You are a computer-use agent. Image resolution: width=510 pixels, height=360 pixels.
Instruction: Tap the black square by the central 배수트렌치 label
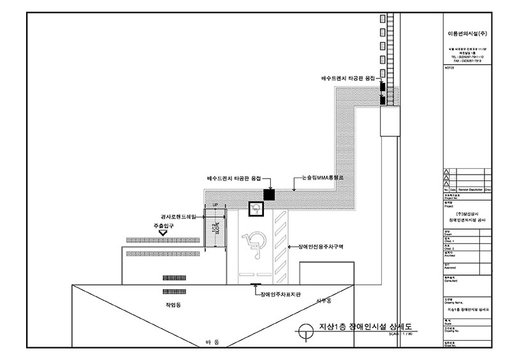[x=269, y=193]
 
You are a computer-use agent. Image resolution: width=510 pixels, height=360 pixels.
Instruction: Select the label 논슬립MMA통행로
[x=323, y=178]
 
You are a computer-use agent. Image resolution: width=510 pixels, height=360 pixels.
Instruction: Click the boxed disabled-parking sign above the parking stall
[x=255, y=208]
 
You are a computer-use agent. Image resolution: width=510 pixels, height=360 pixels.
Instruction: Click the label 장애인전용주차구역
[x=317, y=247]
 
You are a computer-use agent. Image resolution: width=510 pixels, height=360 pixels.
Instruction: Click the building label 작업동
[x=173, y=306]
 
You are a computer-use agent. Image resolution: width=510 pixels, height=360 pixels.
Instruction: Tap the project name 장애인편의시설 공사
[x=467, y=219]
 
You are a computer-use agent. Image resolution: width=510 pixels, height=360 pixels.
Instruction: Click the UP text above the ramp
[x=215, y=205]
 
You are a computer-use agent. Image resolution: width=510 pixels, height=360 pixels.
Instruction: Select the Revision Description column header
[x=469, y=190]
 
